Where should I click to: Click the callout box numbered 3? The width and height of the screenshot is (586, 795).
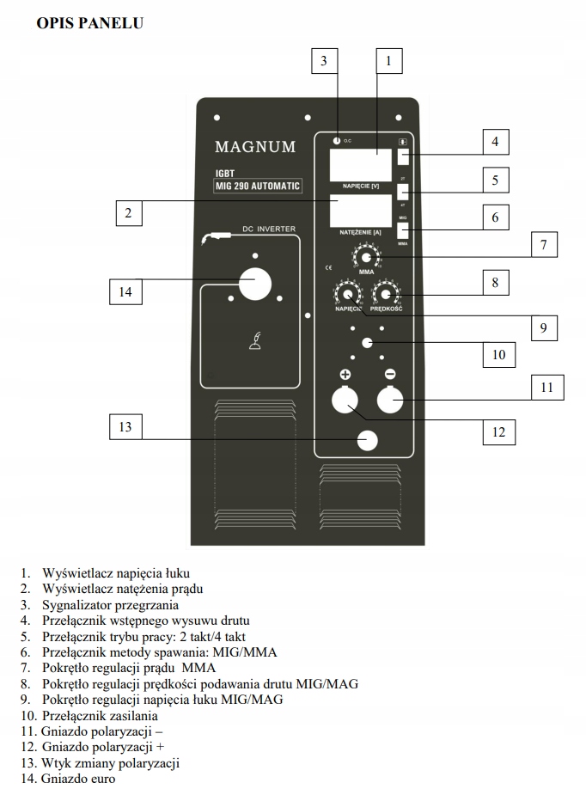pyautogui.click(x=323, y=61)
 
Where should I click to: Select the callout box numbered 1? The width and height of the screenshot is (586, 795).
pyautogui.click(x=389, y=61)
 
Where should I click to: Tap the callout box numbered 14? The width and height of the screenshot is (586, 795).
pyautogui.click(x=126, y=292)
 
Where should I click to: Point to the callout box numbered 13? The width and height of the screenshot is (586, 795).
pyautogui.click(x=126, y=427)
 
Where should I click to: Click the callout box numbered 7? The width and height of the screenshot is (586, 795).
pyautogui.click(x=543, y=245)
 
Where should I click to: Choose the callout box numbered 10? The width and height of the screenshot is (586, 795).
pyautogui.click(x=499, y=353)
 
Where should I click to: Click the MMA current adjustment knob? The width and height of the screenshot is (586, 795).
pyautogui.click(x=367, y=258)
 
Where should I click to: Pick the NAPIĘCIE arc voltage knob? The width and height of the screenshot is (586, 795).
pyautogui.click(x=347, y=294)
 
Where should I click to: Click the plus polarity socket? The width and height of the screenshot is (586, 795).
pyautogui.click(x=346, y=401)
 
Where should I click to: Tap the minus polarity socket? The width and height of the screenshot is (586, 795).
pyautogui.click(x=390, y=401)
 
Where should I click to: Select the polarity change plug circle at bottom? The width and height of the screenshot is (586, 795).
pyautogui.click(x=368, y=441)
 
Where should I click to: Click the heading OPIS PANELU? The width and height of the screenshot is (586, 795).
pyautogui.click(x=90, y=23)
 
